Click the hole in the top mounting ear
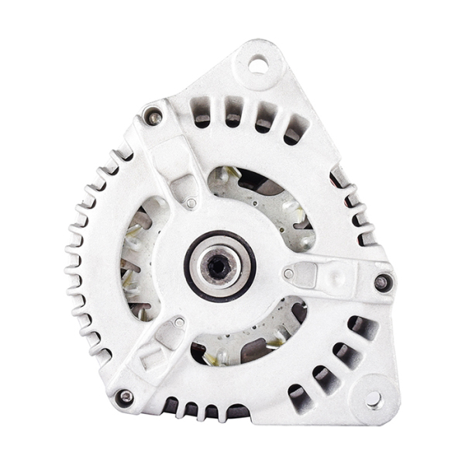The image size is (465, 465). [x=257, y=64]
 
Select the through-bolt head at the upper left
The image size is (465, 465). [x=154, y=118]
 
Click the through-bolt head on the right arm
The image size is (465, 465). [x=381, y=282]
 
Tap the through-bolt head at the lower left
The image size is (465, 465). [x=124, y=397]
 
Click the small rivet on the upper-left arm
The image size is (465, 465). [x=191, y=204]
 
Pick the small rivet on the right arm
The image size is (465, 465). [x=288, y=274]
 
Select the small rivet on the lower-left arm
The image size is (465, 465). [x=179, y=322]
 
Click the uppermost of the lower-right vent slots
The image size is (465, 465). [x=361, y=326]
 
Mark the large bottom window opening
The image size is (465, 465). [x=248, y=333]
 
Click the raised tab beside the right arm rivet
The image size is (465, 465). [x=307, y=273]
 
